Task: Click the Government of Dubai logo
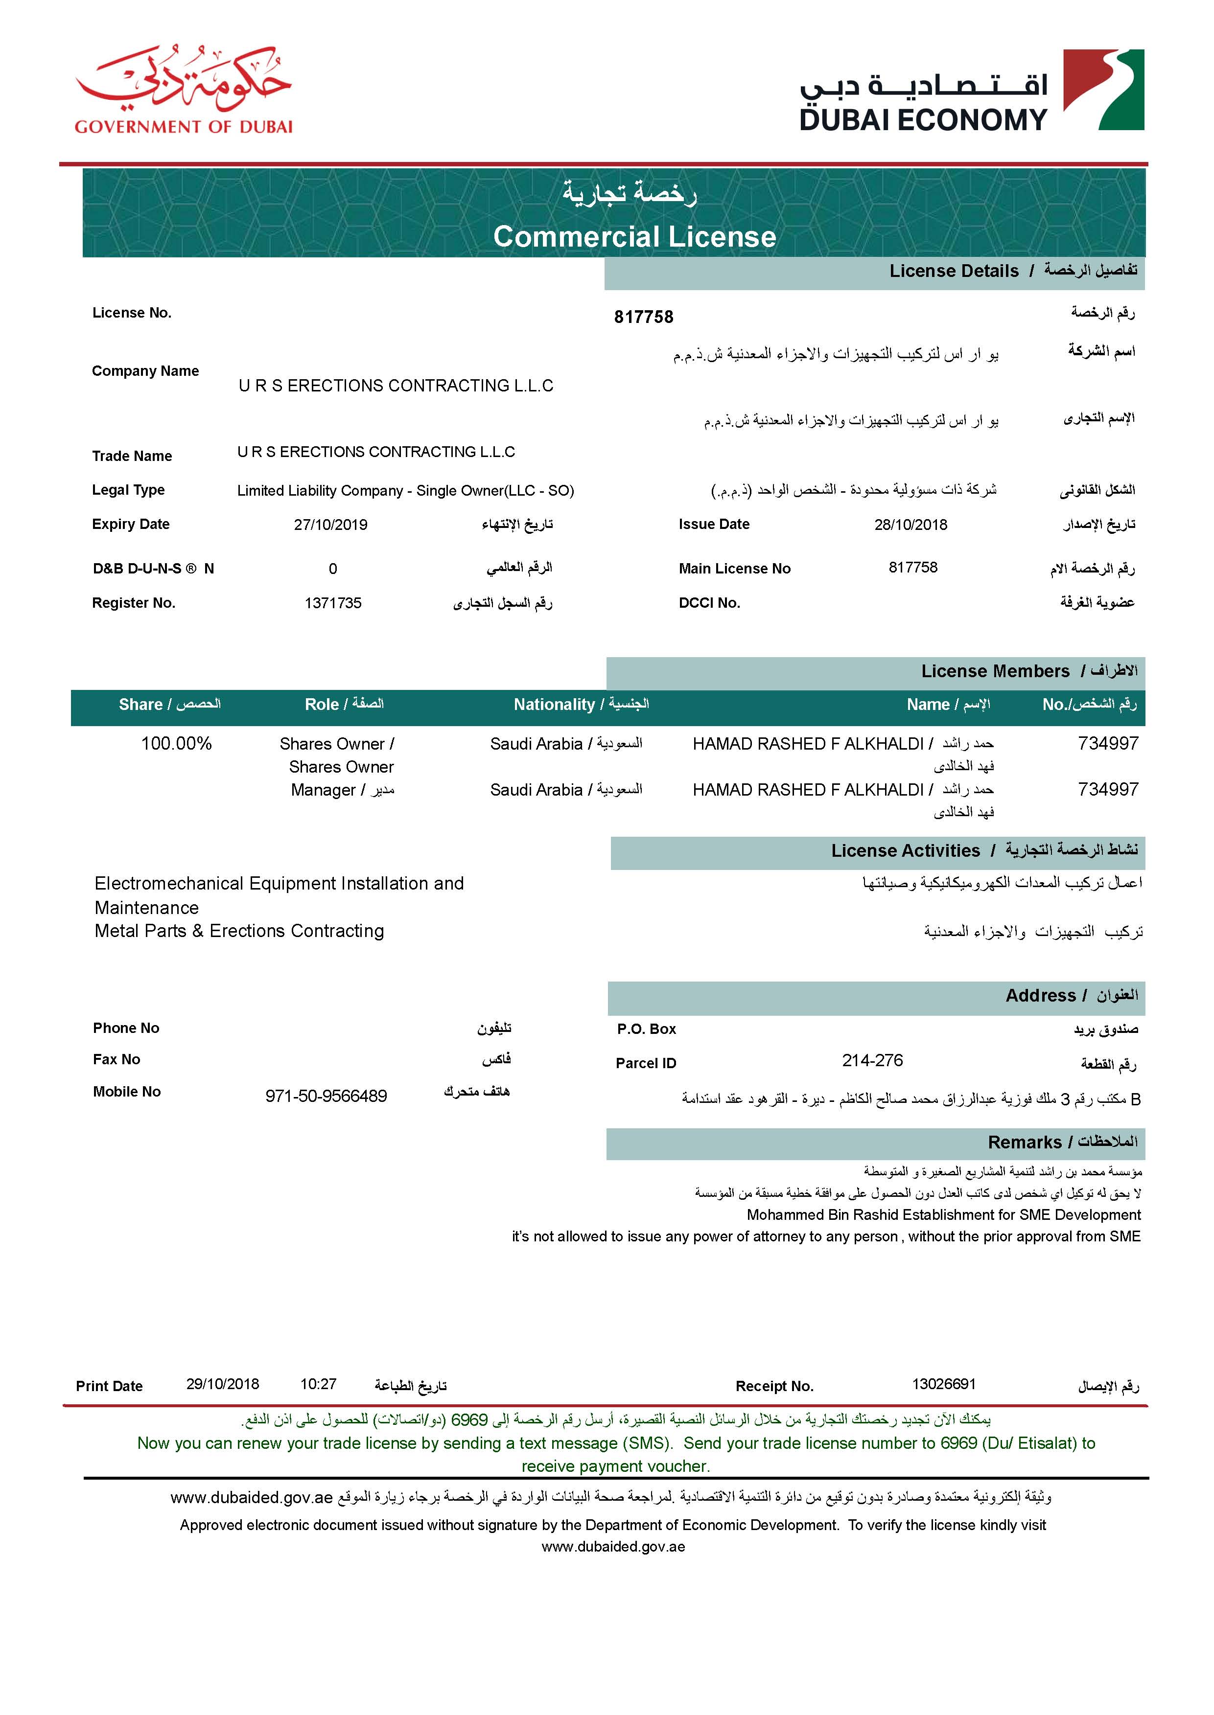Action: point(183,90)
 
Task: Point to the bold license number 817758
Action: point(644,318)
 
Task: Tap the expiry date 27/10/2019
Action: point(330,525)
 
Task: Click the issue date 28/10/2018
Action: point(910,525)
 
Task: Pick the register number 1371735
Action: point(333,603)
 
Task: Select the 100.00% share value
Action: point(176,744)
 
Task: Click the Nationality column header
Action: point(581,705)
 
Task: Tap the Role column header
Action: point(344,705)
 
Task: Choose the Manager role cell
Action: point(342,790)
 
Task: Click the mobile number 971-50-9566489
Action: point(326,1096)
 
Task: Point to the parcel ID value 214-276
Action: point(872,1060)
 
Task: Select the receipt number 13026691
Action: point(943,1384)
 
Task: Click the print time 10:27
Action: point(319,1384)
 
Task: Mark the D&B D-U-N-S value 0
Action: point(333,569)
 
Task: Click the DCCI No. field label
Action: point(709,603)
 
